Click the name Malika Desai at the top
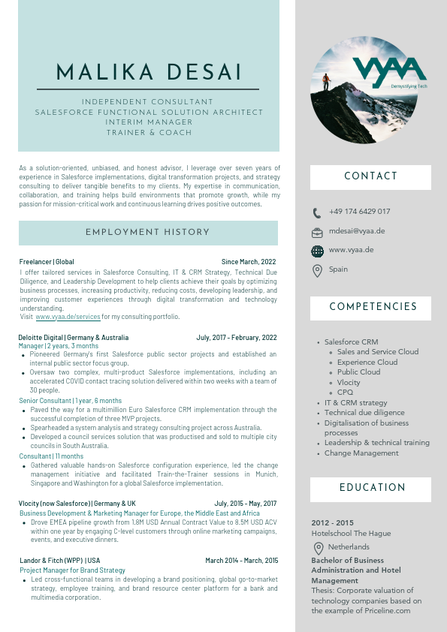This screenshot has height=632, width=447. click(x=150, y=73)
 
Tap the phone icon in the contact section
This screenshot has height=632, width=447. click(x=317, y=212)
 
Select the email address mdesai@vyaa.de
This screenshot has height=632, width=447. click(x=357, y=231)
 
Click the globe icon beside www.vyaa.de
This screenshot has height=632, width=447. click(x=317, y=251)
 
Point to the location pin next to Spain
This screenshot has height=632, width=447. click(x=317, y=270)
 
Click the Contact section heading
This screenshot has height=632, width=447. click(x=370, y=177)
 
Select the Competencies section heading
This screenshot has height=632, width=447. click(x=373, y=307)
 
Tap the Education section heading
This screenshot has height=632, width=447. click(x=370, y=489)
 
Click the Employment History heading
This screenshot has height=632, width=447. click(x=147, y=233)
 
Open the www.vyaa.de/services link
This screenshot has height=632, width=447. click(x=67, y=318)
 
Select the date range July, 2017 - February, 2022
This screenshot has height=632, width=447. click(x=237, y=338)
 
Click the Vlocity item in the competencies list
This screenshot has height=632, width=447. click(x=349, y=382)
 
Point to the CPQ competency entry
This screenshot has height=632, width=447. click(x=345, y=393)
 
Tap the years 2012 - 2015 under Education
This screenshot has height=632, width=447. click(x=332, y=523)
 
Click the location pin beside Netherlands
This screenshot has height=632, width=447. click(x=319, y=548)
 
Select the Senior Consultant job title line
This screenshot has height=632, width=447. click(x=70, y=401)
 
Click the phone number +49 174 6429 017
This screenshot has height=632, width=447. click(x=359, y=212)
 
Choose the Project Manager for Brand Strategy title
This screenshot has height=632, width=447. click(x=72, y=570)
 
